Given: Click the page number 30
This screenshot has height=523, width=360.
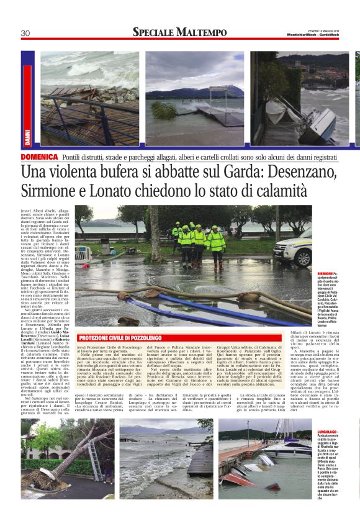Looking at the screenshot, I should (25, 33).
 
